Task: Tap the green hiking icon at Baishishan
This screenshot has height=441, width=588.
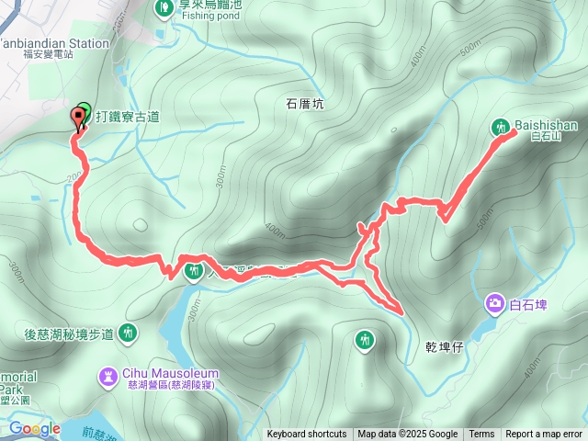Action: click(503, 127)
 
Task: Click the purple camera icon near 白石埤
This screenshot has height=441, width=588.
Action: click(495, 302)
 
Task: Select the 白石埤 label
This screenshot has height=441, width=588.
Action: click(528, 303)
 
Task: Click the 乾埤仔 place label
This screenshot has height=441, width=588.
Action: click(445, 348)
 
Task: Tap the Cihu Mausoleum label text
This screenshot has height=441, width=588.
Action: click(161, 374)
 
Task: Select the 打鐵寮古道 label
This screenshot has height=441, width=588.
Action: click(128, 117)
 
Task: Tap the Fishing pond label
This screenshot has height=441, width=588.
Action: click(209, 16)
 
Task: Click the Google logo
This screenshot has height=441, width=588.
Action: click(35, 428)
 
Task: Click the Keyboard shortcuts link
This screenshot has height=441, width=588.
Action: click(307, 435)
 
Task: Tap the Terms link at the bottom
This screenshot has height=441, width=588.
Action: click(481, 435)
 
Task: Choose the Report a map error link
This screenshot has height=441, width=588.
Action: click(544, 435)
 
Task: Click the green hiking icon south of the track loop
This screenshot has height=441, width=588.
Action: click(365, 341)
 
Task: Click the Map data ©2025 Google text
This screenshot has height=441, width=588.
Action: click(408, 435)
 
